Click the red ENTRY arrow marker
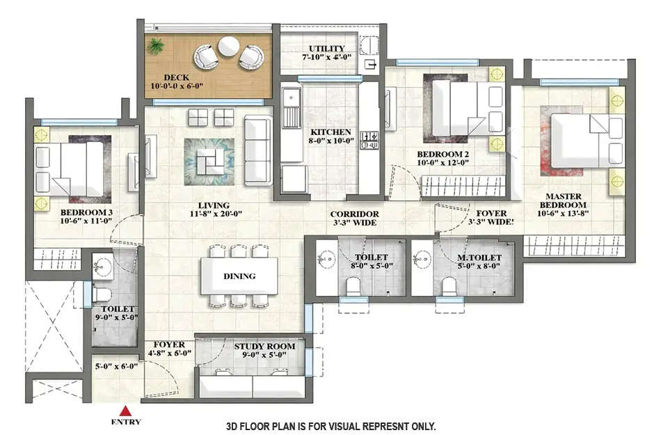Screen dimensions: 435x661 click(x=126, y=410)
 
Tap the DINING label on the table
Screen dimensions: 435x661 click(x=239, y=276)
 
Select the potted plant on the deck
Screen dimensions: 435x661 click(x=156, y=46)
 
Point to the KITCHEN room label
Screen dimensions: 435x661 click(x=331, y=132)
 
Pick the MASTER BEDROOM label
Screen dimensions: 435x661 click(x=565, y=200)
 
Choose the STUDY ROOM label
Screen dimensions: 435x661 click(x=264, y=346)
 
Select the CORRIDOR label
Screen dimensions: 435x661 click(x=355, y=214)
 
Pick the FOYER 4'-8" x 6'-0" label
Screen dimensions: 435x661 click(x=169, y=349)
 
